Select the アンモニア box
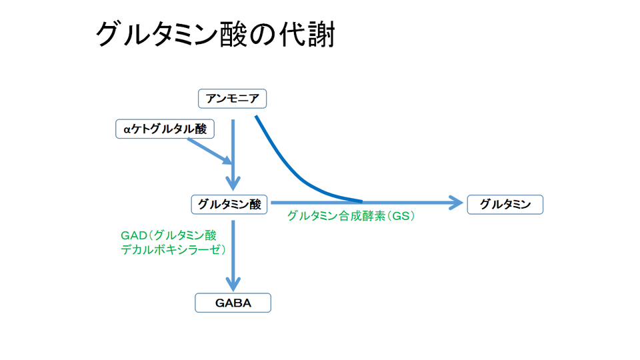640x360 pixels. pos(233,99)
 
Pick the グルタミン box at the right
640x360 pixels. pos(505,204)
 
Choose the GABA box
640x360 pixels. pos(233,303)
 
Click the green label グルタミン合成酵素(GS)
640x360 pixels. pos(351,217)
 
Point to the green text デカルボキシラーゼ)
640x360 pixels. pos(173,250)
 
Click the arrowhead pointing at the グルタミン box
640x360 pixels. pos(456,202)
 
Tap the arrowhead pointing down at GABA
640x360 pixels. pos(233,283)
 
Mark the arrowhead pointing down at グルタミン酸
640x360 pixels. pos(233,183)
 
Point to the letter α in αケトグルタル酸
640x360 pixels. pos(126,130)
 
